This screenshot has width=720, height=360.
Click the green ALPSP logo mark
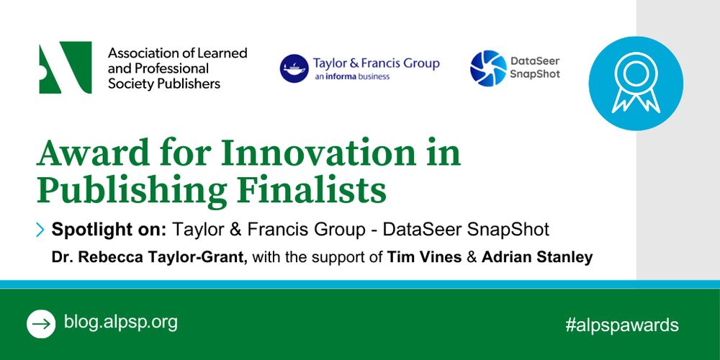tap(66, 68)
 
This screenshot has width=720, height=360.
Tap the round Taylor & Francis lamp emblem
tap(294, 68)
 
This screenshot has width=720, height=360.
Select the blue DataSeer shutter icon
tap(488, 68)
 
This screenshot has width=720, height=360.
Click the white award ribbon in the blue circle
tap(636, 83)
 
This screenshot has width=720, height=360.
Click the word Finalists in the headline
tap(311, 190)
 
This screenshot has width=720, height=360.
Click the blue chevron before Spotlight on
tap(40, 229)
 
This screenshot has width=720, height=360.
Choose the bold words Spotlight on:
tap(109, 229)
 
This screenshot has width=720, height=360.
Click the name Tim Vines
tap(424, 258)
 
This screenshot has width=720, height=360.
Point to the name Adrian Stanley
tap(537, 258)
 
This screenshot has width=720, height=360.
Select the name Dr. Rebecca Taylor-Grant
tap(150, 258)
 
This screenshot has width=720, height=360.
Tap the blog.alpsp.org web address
tap(120, 323)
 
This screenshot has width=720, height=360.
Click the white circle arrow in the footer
tap(41, 324)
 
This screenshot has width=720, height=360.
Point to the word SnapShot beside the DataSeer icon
tap(535, 74)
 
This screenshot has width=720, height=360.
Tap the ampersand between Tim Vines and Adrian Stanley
tap(472, 258)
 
